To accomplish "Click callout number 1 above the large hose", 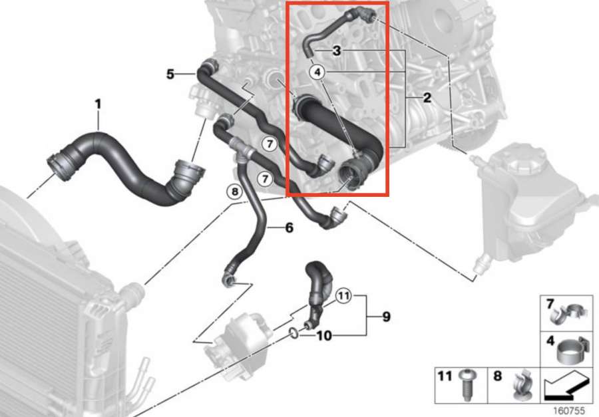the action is (x=99, y=104).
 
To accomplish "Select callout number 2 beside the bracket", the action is (x=427, y=98).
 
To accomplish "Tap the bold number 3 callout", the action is (x=337, y=51).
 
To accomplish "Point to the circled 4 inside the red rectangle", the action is (x=318, y=72).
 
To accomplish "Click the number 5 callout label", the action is (x=170, y=74).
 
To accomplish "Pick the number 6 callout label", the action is (x=290, y=228).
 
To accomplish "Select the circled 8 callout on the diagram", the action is (x=234, y=192).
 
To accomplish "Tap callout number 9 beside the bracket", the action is (x=387, y=317).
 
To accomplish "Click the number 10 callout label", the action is (x=324, y=336).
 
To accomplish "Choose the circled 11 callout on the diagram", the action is (x=343, y=295).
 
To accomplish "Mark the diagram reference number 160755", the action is (x=569, y=410).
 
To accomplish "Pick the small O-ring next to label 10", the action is (x=294, y=333).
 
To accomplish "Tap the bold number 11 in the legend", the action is (x=445, y=376).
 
